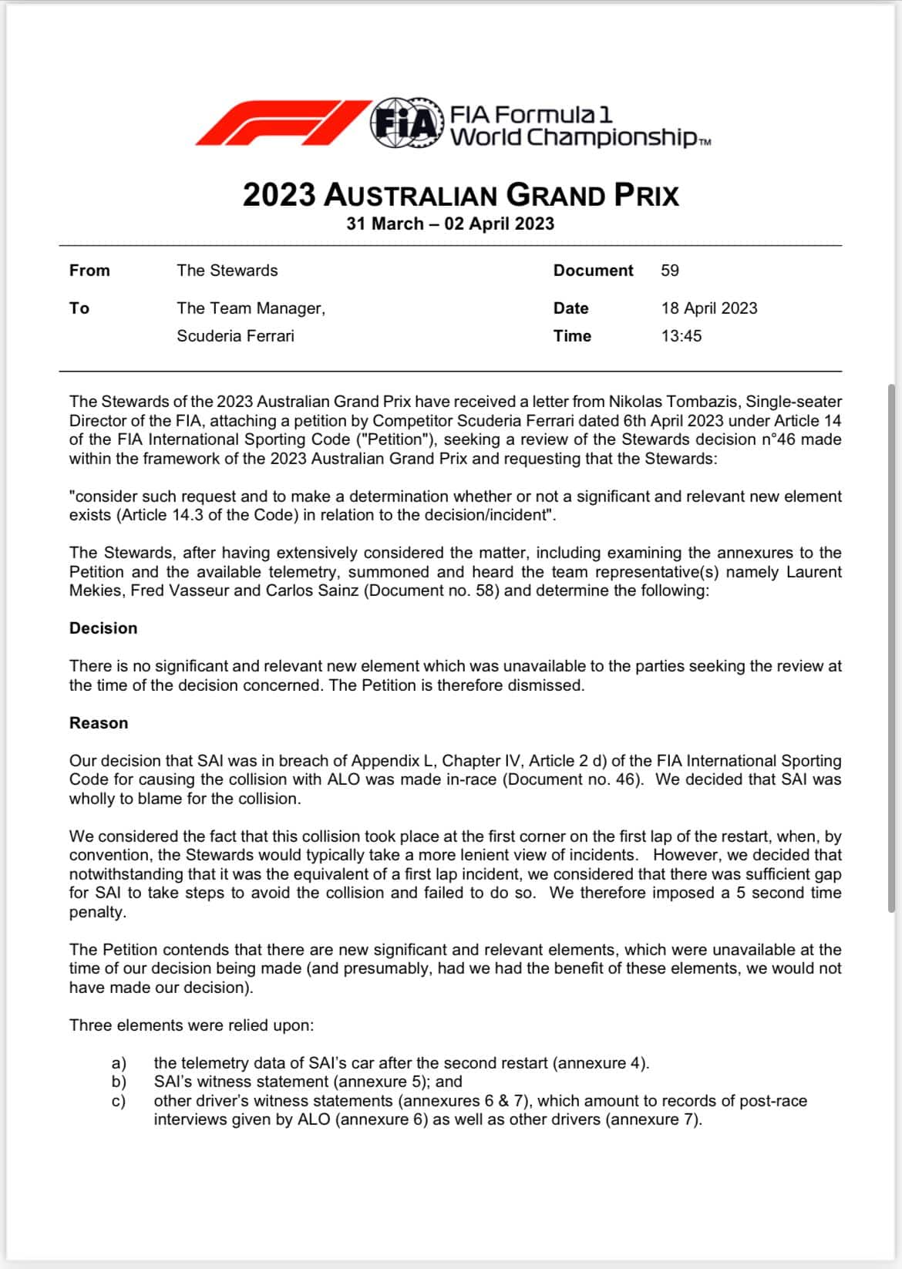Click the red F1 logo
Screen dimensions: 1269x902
[x=281, y=123]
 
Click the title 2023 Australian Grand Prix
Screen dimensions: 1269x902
[x=460, y=195]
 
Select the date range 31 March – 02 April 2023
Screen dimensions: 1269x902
[x=450, y=224]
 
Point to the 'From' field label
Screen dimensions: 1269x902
[x=89, y=271]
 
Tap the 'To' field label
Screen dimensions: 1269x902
[x=79, y=308]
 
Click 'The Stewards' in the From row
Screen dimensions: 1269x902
[x=227, y=271]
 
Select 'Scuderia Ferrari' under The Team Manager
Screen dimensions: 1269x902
[x=235, y=336]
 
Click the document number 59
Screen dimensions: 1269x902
[x=670, y=271]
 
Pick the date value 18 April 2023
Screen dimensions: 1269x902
[x=709, y=308]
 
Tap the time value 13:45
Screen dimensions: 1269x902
[x=682, y=336]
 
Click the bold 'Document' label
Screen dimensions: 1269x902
[x=593, y=271]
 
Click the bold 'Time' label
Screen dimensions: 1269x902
[x=572, y=336]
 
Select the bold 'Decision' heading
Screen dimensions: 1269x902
[x=103, y=628]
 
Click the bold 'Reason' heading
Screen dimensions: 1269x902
[x=99, y=723]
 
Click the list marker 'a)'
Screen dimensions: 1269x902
[x=119, y=1064]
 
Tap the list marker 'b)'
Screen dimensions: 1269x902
[x=119, y=1082]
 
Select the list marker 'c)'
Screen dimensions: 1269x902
[x=119, y=1101]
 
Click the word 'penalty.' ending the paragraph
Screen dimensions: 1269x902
[x=97, y=912]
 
